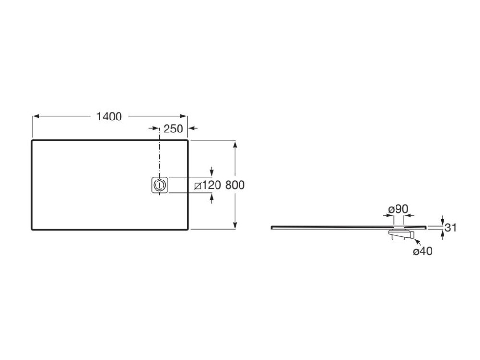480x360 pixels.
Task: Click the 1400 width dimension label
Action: tap(109, 117)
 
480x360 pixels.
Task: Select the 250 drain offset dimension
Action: tap(173, 129)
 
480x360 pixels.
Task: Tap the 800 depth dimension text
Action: tap(235, 185)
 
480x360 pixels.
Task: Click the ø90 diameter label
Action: tap(398, 209)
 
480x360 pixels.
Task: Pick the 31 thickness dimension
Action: tap(450, 228)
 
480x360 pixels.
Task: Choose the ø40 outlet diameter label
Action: tap(422, 252)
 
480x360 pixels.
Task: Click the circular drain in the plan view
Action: tap(159, 185)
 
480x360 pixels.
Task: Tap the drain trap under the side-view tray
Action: tap(401, 234)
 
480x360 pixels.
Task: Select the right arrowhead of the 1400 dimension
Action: tap(183, 116)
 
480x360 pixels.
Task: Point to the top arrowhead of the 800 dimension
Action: tap(235, 144)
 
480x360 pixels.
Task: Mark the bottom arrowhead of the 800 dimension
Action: tap(235, 225)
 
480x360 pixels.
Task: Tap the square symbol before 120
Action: tap(198, 185)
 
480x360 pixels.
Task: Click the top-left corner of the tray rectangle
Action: tap(32, 140)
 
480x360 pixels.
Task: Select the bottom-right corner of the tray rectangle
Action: tap(188, 229)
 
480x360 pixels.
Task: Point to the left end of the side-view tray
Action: tap(272, 227)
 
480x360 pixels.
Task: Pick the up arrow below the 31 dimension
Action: tap(443, 235)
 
